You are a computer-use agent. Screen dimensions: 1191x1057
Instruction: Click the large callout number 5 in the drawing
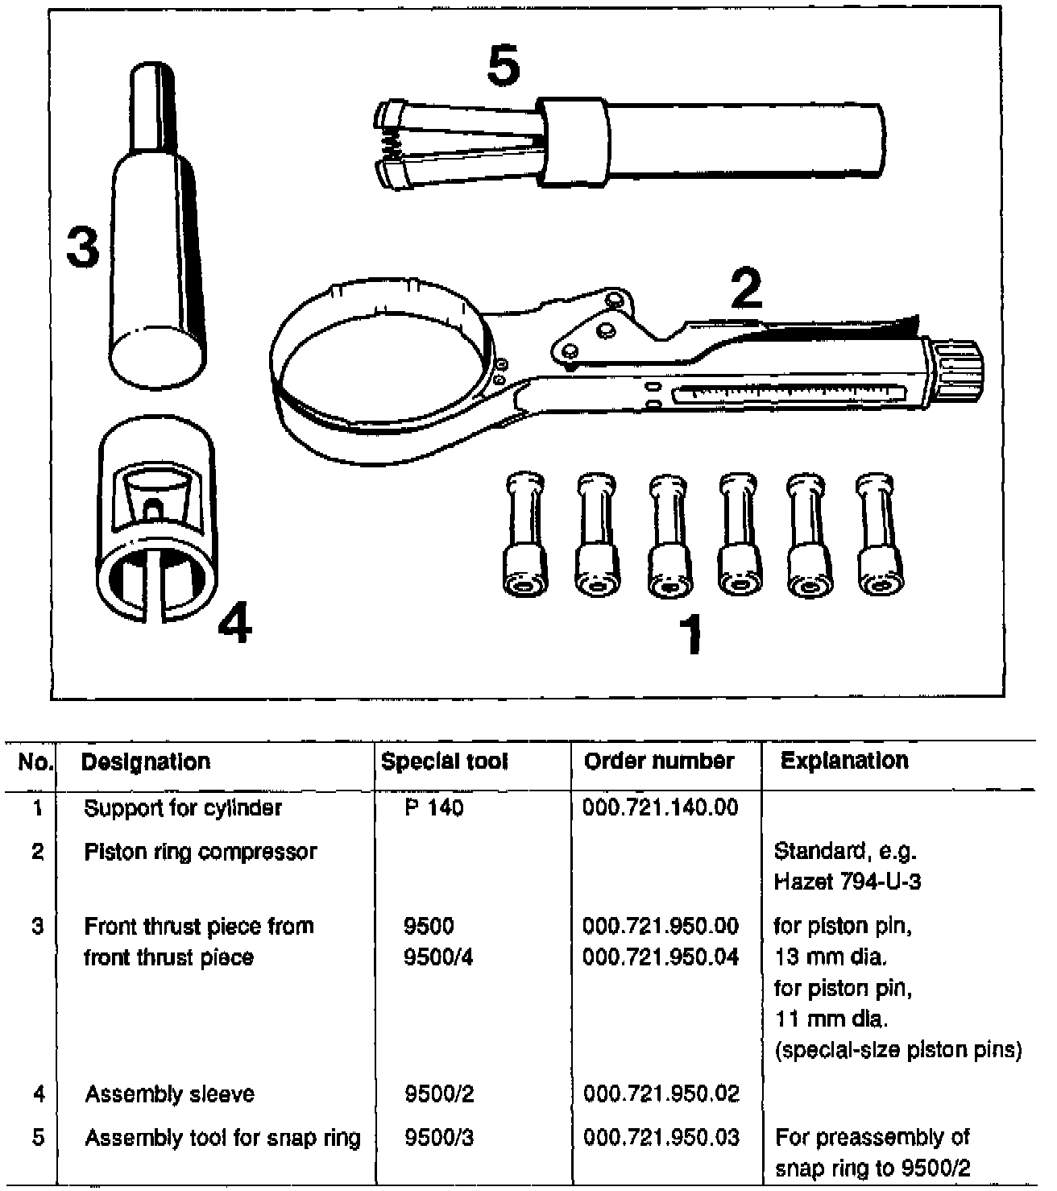(504, 66)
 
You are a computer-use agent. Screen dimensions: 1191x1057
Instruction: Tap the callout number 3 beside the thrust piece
(82, 247)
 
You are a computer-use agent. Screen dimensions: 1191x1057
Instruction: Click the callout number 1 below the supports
(690, 634)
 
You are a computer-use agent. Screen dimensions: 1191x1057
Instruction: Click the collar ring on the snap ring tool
(571, 141)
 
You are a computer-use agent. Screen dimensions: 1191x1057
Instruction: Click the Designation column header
(146, 761)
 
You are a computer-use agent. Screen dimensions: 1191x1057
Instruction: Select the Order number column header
(659, 761)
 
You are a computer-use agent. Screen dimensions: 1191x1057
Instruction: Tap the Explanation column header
(844, 761)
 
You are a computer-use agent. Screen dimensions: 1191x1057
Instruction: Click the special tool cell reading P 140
(434, 808)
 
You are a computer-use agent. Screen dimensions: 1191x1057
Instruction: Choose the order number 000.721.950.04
(660, 957)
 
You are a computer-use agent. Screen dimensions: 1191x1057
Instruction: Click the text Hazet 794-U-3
(847, 882)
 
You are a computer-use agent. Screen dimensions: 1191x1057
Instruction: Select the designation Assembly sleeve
(169, 1094)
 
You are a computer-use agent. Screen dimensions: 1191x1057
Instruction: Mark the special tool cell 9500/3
(438, 1138)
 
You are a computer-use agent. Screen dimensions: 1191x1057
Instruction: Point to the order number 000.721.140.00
(660, 807)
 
